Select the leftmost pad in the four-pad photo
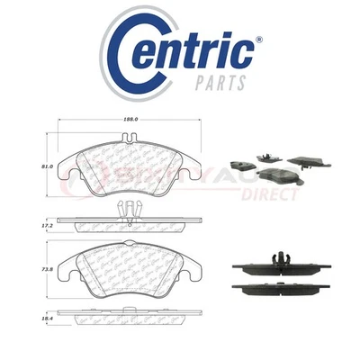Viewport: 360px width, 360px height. (241, 166)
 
